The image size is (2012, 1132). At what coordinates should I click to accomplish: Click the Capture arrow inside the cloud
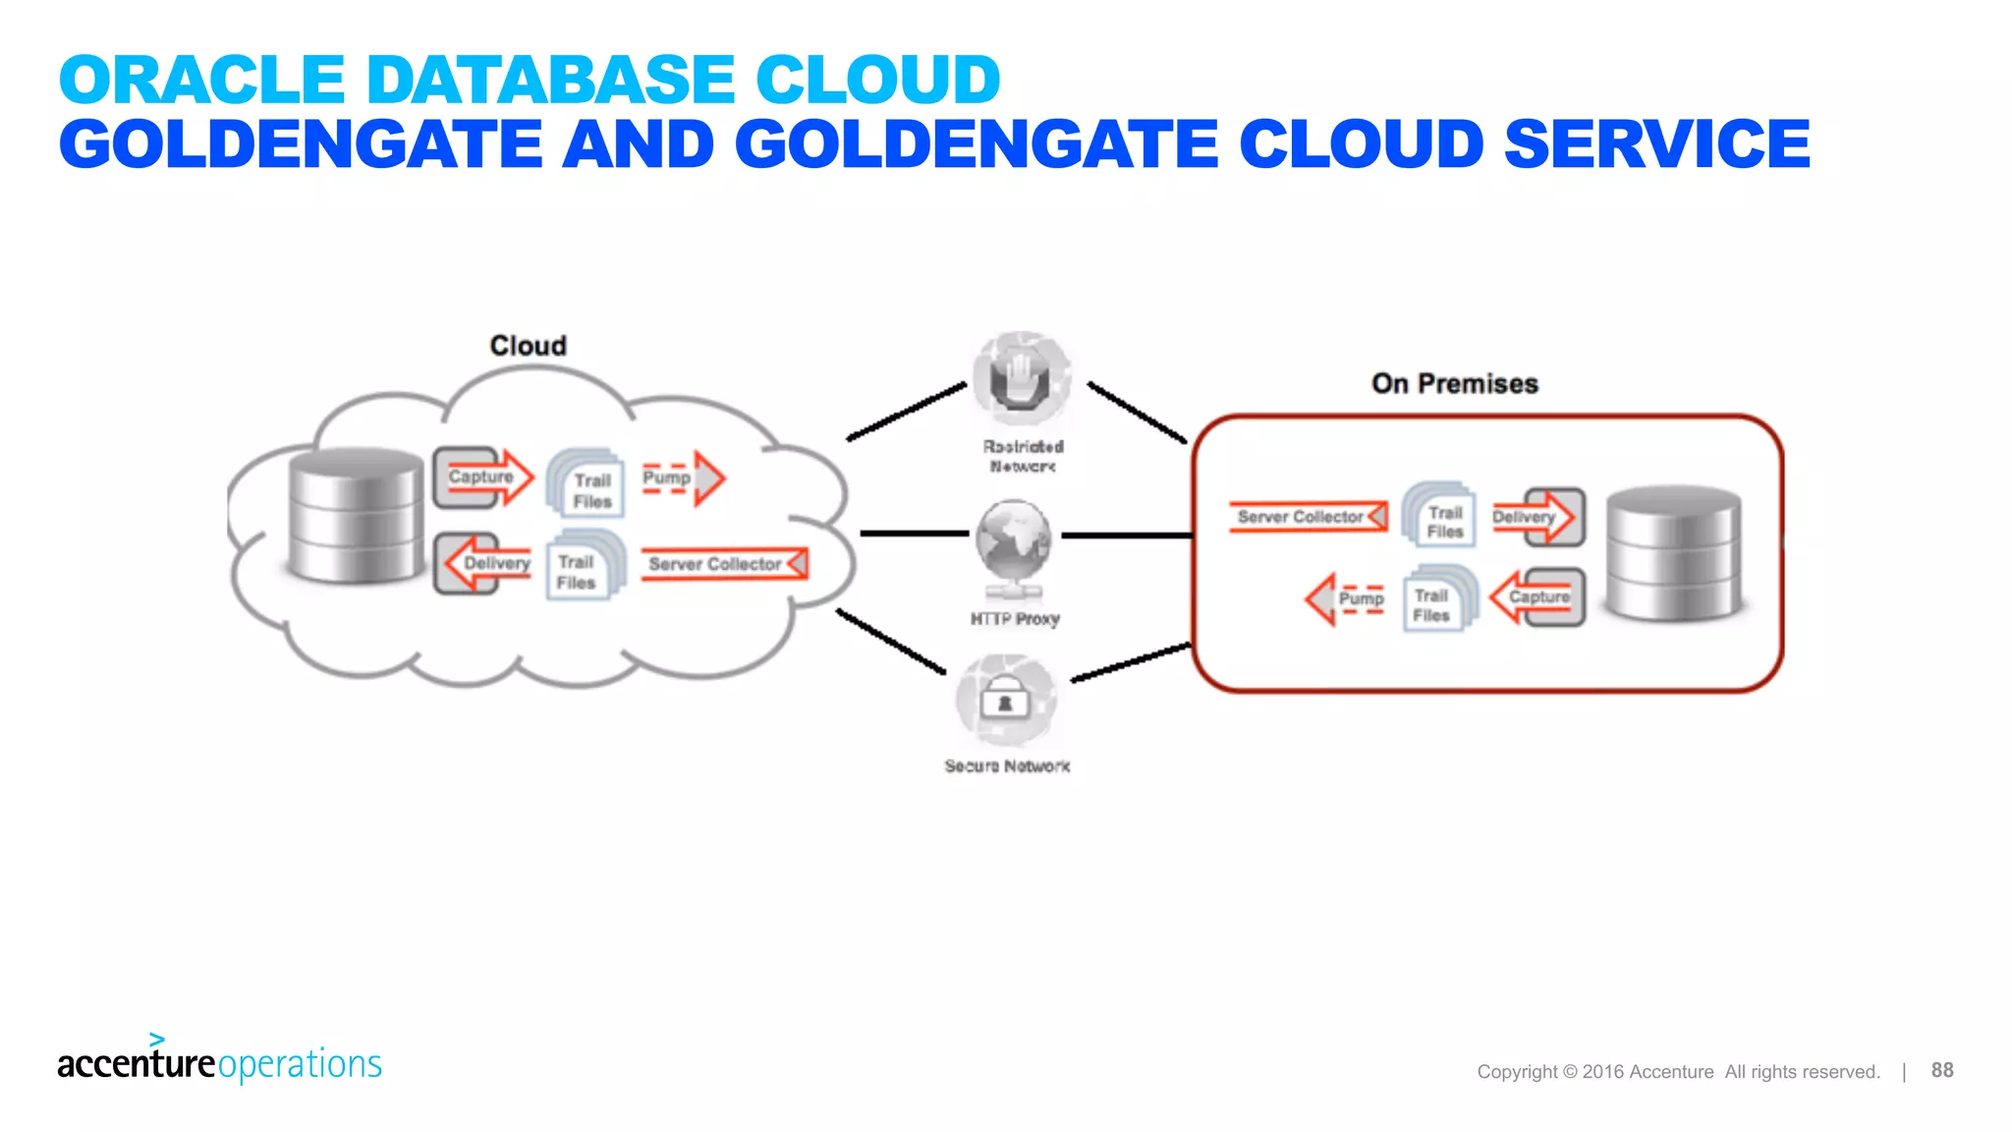point(483,478)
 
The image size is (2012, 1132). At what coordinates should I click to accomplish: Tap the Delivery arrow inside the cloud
point(483,563)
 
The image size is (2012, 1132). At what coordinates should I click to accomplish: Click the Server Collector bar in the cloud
point(724,564)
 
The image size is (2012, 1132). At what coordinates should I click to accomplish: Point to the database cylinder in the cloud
point(356,514)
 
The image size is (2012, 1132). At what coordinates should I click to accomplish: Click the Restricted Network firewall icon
point(1022,379)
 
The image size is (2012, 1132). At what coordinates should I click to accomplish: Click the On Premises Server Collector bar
point(1308,517)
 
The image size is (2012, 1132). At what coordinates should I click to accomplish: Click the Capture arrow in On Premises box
point(1537,597)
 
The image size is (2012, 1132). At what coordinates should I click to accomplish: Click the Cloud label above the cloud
point(529,346)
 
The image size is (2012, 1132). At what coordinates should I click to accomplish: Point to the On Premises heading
point(1455,383)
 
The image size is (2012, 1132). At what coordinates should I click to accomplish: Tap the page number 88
point(1941,1070)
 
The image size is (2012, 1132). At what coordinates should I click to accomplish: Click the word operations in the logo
point(300,1064)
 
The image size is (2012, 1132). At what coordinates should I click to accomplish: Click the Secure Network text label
point(1007,766)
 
